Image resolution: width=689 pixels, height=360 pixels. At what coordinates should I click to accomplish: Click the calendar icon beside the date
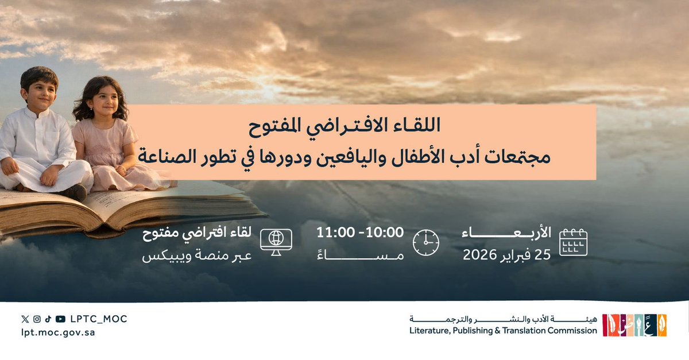pos(573,242)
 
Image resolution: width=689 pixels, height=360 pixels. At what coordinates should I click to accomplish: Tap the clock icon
pos(425,242)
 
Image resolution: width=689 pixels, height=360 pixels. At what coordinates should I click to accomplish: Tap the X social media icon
pos(24,319)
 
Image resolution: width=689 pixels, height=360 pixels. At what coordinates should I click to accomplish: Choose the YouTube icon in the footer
pos(60,319)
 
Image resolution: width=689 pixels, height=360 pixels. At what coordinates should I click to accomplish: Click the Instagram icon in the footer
pos(36,319)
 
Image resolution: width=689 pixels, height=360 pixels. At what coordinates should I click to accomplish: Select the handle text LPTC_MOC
pos(98,319)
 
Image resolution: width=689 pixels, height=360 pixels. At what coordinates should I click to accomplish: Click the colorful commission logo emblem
pos(634,325)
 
